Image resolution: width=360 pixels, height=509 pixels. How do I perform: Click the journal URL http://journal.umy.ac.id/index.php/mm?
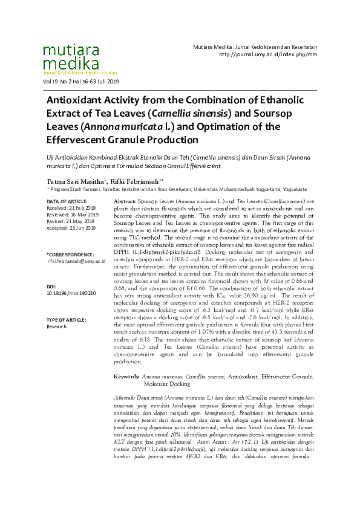point(267,54)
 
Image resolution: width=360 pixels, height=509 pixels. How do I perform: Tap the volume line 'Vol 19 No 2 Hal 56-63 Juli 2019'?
point(81,82)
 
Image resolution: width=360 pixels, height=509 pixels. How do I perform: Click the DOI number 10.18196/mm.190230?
point(71,293)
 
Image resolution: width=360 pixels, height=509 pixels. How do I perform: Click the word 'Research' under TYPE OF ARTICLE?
point(56,326)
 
